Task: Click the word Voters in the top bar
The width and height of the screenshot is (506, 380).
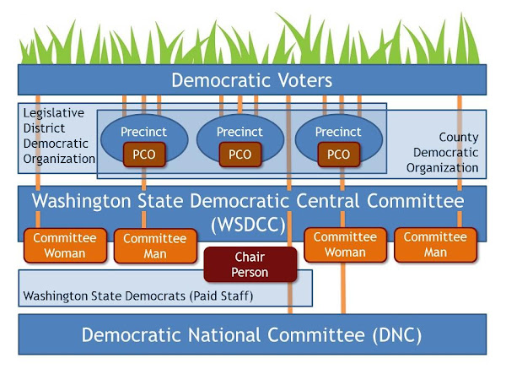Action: pos(296,81)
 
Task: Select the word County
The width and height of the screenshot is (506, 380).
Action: pos(459,137)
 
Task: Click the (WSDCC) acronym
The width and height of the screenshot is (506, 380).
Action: pos(248,226)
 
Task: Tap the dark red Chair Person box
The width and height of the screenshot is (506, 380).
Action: pos(250,264)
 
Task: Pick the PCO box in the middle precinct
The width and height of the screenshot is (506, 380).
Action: pos(240,155)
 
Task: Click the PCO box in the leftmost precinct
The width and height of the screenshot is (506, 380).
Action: pos(143,155)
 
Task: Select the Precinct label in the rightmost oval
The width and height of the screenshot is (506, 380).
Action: pos(337,133)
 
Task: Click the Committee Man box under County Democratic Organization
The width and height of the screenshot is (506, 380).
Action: pos(435,244)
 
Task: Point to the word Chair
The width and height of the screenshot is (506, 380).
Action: pos(250,258)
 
